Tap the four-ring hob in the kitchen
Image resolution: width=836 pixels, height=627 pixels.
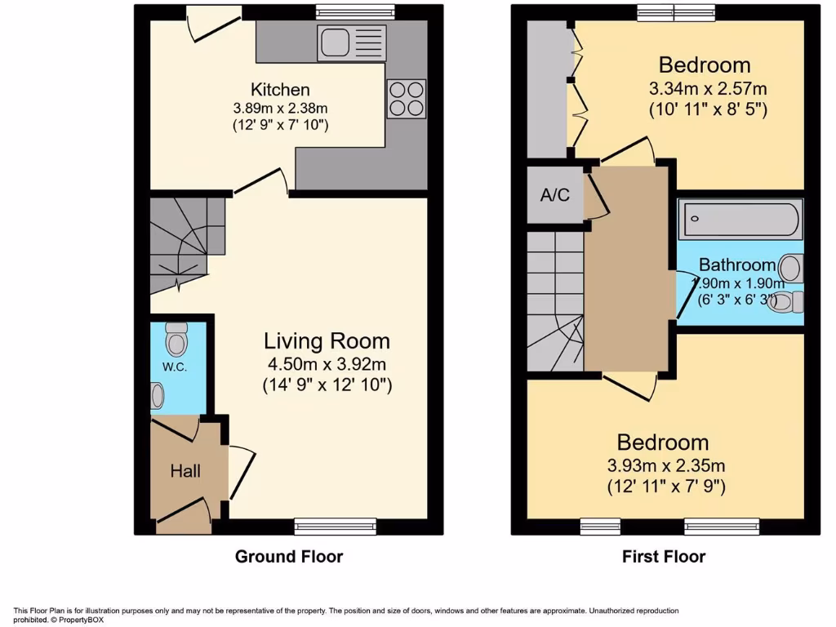point(406,98)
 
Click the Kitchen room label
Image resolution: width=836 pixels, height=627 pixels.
point(280,90)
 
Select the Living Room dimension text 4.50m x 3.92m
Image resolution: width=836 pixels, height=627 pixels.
point(327,363)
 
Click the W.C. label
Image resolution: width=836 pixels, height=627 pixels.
point(175,367)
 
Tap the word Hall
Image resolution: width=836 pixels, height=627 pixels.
point(185,471)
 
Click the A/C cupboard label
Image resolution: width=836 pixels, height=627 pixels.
point(555,195)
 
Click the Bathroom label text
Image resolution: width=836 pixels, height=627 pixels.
point(736,265)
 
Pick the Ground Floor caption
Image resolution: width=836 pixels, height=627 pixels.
point(289,557)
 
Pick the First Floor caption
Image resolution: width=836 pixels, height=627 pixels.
point(664,557)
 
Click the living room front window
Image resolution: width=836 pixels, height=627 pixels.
point(336,527)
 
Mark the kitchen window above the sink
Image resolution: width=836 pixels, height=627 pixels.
point(343,11)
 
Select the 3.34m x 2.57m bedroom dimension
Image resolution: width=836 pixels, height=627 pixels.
point(708,88)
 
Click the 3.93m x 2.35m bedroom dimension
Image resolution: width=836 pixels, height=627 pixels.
point(665,466)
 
